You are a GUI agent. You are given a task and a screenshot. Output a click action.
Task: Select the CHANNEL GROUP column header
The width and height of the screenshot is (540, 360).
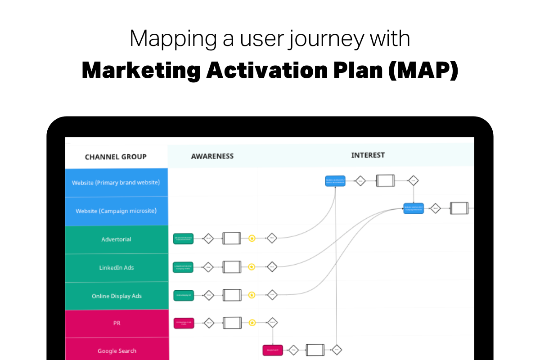[x=116, y=157]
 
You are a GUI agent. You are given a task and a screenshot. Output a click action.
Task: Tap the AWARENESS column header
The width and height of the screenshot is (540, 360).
[x=212, y=156]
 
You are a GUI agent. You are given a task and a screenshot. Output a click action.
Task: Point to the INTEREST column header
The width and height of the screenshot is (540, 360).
[x=368, y=155]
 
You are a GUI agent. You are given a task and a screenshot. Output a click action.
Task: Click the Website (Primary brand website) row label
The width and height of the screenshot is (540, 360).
[x=116, y=183]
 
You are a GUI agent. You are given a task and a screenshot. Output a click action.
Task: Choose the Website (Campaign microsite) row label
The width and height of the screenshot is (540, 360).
[x=116, y=211]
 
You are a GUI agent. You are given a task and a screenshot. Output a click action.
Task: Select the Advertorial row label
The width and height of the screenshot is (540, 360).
[x=116, y=239]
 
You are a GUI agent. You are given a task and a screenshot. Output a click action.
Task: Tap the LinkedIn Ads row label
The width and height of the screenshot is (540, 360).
[x=116, y=268]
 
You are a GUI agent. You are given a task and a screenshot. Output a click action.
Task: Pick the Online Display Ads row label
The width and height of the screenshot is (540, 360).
[x=116, y=296]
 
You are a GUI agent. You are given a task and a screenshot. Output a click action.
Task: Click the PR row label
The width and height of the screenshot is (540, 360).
[x=116, y=323]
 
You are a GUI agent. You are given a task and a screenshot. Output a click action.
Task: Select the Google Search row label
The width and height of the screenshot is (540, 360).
[x=117, y=351]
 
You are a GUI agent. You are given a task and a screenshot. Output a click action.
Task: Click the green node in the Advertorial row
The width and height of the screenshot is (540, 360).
[x=183, y=238]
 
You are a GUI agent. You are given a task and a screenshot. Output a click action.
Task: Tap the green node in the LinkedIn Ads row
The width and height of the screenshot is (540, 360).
[x=183, y=267]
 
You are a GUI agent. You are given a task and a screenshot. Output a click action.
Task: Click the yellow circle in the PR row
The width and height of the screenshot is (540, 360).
[x=252, y=323]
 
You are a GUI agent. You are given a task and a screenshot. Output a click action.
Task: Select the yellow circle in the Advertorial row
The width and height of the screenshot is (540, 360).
[x=252, y=238]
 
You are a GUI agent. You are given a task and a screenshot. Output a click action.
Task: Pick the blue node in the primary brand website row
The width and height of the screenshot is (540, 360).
[x=335, y=181]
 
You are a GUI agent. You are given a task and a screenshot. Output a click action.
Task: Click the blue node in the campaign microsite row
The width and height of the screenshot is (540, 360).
[x=414, y=208]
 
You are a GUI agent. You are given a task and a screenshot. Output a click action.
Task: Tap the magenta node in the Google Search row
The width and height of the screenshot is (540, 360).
[x=273, y=350]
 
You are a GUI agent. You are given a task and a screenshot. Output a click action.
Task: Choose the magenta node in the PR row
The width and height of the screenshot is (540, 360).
[x=184, y=323]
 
